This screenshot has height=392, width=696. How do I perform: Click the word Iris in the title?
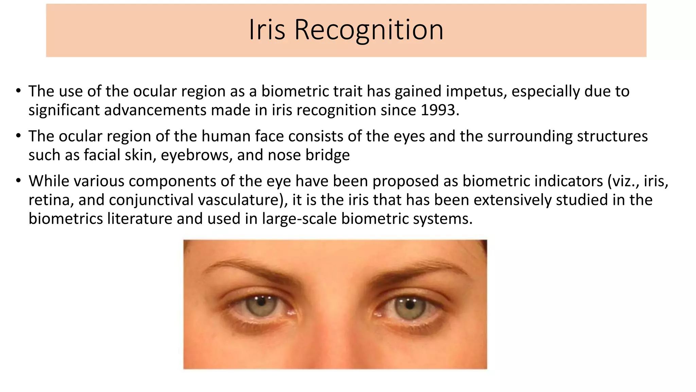tap(267, 30)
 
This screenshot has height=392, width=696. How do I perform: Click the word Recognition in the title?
tap(369, 30)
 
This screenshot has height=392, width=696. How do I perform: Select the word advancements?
tap(155, 110)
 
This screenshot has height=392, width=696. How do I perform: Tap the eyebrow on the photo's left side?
tap(248, 269)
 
